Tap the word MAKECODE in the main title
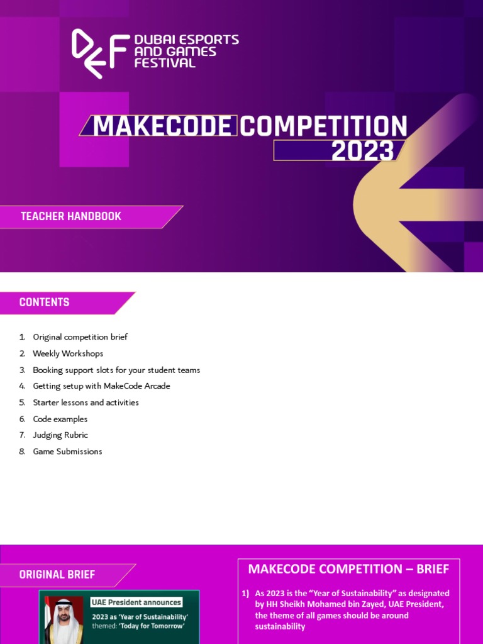tap(162, 126)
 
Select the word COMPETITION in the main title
tap(323, 126)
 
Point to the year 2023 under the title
tap(362, 151)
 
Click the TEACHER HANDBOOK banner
tap(71, 216)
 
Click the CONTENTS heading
tap(45, 303)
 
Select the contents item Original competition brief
tap(80, 337)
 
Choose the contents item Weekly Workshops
tap(68, 353)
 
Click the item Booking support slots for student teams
tap(116, 370)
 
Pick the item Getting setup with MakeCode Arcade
tap(101, 386)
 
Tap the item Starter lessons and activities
tap(86, 402)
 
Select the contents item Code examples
tap(60, 419)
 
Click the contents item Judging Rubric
tap(60, 435)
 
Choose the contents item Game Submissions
tap(67, 452)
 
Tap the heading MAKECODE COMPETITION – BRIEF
tap(348, 569)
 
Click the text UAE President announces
tap(136, 602)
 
